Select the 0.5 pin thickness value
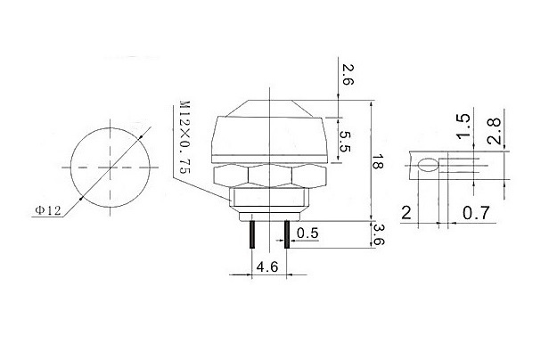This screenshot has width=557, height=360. (x=309, y=233)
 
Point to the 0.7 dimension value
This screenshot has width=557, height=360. (x=476, y=214)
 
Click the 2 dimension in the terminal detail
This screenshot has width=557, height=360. (x=405, y=214)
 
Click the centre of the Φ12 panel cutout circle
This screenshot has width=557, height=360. (x=106, y=167)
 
